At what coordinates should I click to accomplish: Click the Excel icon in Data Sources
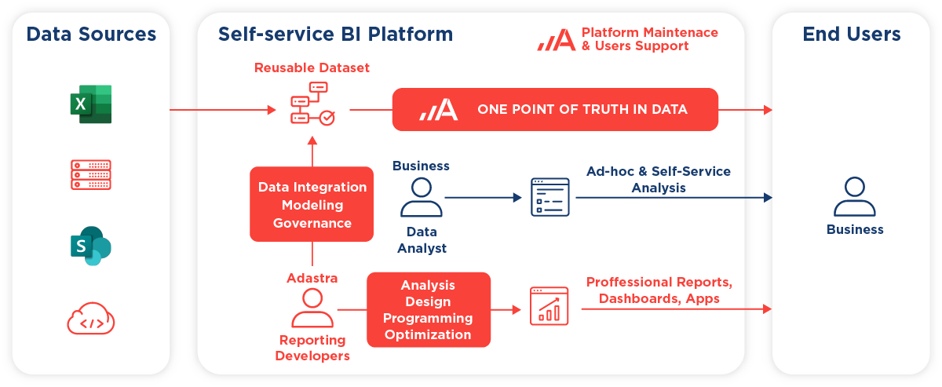pos(91,104)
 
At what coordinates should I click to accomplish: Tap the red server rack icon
pos(91,174)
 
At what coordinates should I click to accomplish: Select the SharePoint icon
pos(91,246)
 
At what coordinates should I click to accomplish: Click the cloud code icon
pos(91,319)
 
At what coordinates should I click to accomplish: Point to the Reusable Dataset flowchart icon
pos(312,104)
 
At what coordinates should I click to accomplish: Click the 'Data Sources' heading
pos(91,34)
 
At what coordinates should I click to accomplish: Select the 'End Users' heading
pos(852,34)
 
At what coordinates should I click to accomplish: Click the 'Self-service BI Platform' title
pos(336,34)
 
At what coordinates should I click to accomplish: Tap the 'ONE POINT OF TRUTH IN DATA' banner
pos(555,109)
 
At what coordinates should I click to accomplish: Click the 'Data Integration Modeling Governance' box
pos(312,204)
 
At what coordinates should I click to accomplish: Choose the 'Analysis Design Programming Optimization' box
pos(429,309)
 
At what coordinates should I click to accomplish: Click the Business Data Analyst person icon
pos(422,197)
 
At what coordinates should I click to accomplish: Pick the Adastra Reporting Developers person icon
pos(312,308)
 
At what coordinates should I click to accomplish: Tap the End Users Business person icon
pos(855,196)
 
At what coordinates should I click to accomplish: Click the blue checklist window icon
pos(550,197)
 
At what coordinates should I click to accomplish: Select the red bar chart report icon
pos(549,306)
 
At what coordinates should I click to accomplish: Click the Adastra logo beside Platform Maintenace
pos(557,39)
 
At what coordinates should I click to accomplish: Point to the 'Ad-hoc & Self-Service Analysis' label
pos(659,180)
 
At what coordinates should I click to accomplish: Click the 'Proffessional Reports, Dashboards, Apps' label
pos(659,290)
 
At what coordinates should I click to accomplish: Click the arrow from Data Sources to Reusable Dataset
pos(223,110)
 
